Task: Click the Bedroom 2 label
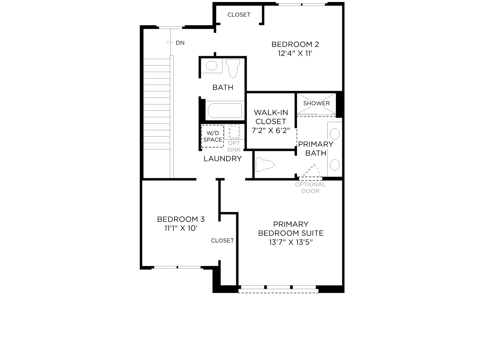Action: click(x=295, y=44)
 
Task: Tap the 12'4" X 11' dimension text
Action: click(x=295, y=53)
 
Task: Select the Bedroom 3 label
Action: click(x=181, y=219)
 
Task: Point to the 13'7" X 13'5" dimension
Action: click(x=291, y=242)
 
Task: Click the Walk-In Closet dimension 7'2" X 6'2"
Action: click(x=271, y=130)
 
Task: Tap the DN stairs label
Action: click(x=180, y=43)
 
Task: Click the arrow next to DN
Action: click(x=170, y=42)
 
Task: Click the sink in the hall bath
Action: click(x=211, y=65)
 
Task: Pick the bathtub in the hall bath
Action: click(x=225, y=110)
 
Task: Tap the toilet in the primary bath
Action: click(x=265, y=164)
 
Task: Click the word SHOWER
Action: click(x=316, y=103)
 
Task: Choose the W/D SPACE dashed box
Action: click(x=213, y=136)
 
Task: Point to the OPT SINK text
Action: click(x=234, y=146)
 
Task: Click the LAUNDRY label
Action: click(x=223, y=159)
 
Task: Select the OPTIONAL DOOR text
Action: click(x=310, y=188)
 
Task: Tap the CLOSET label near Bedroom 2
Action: click(x=239, y=15)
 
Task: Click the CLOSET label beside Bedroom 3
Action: click(x=222, y=241)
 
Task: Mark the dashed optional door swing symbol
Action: click(x=309, y=172)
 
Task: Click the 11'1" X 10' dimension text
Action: click(x=181, y=228)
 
